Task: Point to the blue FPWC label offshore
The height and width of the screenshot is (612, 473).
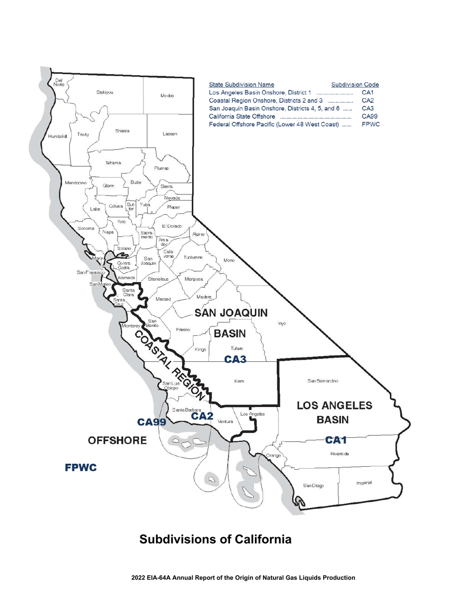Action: click(80, 468)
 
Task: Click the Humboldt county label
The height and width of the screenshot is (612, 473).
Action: click(58, 135)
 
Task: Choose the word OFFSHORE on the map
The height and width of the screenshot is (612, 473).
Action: click(117, 441)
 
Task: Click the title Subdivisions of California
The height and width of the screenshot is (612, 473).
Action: click(215, 539)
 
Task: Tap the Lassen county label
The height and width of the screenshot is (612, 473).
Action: click(170, 134)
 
